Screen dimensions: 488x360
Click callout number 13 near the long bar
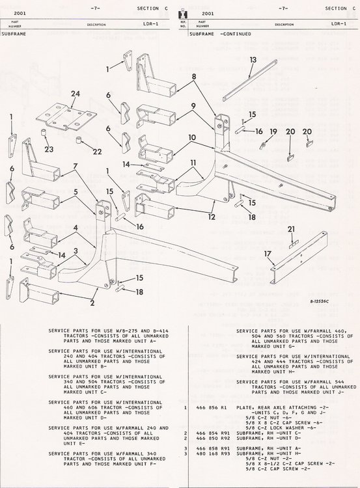pos(253,59)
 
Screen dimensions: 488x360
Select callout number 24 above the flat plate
pos(76,94)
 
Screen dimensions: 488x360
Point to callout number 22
pos(97,152)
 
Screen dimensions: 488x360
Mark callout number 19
pos(273,131)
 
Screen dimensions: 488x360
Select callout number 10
pos(193,137)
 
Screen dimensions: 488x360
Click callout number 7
pos(76,167)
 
